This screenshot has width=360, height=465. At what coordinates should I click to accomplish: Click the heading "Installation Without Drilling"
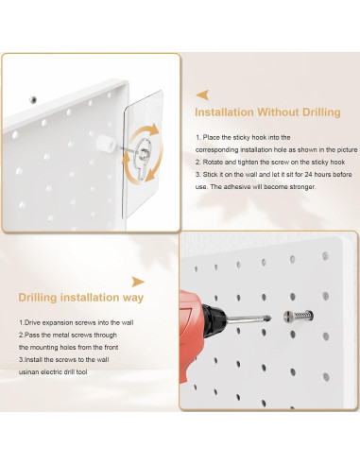pos(267,112)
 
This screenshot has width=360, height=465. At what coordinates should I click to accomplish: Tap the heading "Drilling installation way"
pos(81,298)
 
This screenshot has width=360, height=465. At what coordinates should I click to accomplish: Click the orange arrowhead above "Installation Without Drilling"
pos(202,95)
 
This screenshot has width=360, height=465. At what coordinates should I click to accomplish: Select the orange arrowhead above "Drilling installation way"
pos(138,282)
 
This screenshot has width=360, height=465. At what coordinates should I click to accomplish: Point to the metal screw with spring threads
pos(299,316)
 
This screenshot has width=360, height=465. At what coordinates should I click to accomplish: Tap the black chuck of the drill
pos(214,319)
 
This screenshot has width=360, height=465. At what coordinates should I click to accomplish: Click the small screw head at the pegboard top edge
pos(33,100)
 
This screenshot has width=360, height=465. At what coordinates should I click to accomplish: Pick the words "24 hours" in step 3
pos(317,175)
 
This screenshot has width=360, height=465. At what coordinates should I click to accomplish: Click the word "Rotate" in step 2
pos(212,163)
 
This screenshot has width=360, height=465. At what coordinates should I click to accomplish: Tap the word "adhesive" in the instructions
pos(236,187)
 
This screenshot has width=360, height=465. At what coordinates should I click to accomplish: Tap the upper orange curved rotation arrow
pos(146,132)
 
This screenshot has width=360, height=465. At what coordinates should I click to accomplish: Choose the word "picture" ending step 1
pos(347,150)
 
